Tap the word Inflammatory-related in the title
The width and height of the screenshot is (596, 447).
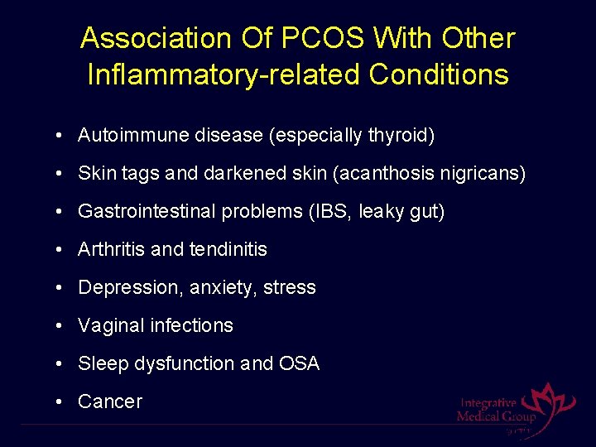224,74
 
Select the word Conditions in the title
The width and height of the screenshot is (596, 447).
439,74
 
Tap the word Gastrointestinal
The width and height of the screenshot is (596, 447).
147,212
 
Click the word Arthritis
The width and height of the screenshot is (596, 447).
109,249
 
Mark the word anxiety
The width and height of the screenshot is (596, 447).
222,288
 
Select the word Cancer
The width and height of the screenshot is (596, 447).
110,401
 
